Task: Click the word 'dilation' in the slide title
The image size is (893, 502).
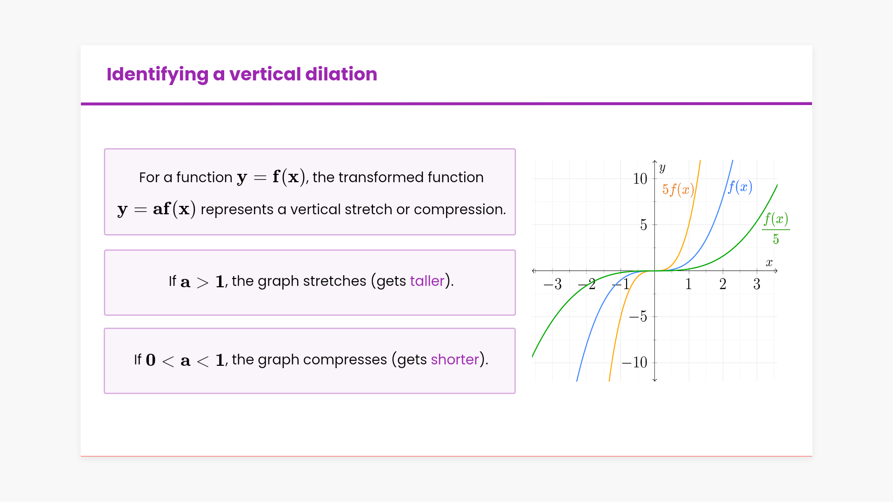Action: coord(341,74)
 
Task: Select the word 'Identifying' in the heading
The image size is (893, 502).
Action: coord(157,75)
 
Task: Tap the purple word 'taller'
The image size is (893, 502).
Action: coord(427,281)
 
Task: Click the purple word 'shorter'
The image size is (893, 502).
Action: coord(455,359)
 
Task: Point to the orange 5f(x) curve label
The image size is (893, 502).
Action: coord(678,190)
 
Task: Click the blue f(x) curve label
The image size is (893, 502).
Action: coord(740,187)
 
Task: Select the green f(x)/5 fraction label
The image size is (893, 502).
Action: coord(776,229)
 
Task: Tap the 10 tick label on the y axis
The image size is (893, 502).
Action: coord(640,178)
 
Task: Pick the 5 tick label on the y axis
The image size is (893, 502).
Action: coord(644,225)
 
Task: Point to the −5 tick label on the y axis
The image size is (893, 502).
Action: coord(638,317)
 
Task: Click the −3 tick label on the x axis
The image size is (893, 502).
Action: coord(553,284)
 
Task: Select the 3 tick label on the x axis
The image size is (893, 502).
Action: coord(757,284)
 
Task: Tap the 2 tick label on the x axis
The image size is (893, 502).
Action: coord(723,284)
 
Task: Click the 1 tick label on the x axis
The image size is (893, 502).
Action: coord(688,284)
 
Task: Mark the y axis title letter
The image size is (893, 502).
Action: coord(662,168)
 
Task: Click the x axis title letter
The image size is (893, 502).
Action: coord(769,263)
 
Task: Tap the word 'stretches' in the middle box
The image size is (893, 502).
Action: coord(335,281)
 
